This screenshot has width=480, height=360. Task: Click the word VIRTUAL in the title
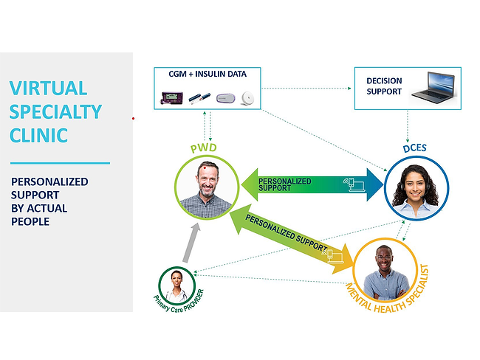49,89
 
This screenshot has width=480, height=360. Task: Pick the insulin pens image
201,97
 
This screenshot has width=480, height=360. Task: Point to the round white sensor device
248,96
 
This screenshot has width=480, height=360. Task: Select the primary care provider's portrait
178,283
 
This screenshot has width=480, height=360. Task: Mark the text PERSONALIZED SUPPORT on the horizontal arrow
284,184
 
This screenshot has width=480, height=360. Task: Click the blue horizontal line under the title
60,163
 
